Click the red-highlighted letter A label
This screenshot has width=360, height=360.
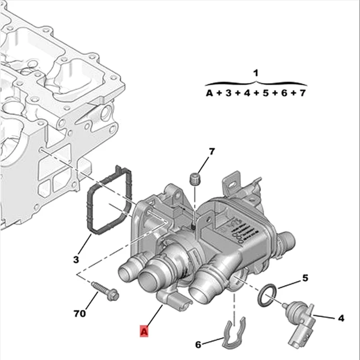coord(144,332)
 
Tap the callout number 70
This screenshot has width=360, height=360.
coord(79,312)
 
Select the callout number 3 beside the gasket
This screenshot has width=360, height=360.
coord(76,259)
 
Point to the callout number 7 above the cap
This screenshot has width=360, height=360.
coord(211,152)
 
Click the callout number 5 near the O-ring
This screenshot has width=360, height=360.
coord(305,278)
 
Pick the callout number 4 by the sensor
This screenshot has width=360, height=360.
coord(341,318)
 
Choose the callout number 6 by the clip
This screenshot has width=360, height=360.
coord(198,345)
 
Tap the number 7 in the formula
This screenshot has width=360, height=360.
coord(302,94)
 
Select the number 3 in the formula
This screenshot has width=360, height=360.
coord(228,94)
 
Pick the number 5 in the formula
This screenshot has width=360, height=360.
coord(265,94)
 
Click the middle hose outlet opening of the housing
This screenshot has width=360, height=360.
coord(149,280)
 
